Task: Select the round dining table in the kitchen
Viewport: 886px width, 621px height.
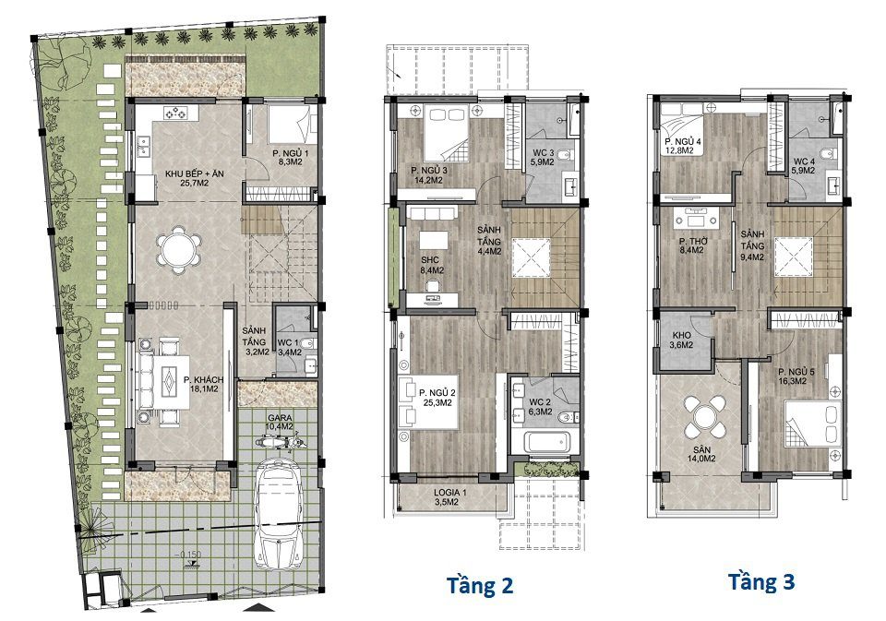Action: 178,249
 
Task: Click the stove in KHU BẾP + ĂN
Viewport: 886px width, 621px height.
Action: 175,113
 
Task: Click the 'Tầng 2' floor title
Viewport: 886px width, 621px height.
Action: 480,585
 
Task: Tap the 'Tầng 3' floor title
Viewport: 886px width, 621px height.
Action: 761,581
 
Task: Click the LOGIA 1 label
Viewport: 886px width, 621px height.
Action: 450,496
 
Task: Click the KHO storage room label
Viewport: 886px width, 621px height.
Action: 681,340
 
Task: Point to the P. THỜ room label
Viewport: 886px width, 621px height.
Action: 691,245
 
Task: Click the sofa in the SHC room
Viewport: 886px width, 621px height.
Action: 433,212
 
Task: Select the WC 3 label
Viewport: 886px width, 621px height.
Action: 543,157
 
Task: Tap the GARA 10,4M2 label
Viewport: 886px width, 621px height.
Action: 280,422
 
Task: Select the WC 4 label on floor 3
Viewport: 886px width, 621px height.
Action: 803,165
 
